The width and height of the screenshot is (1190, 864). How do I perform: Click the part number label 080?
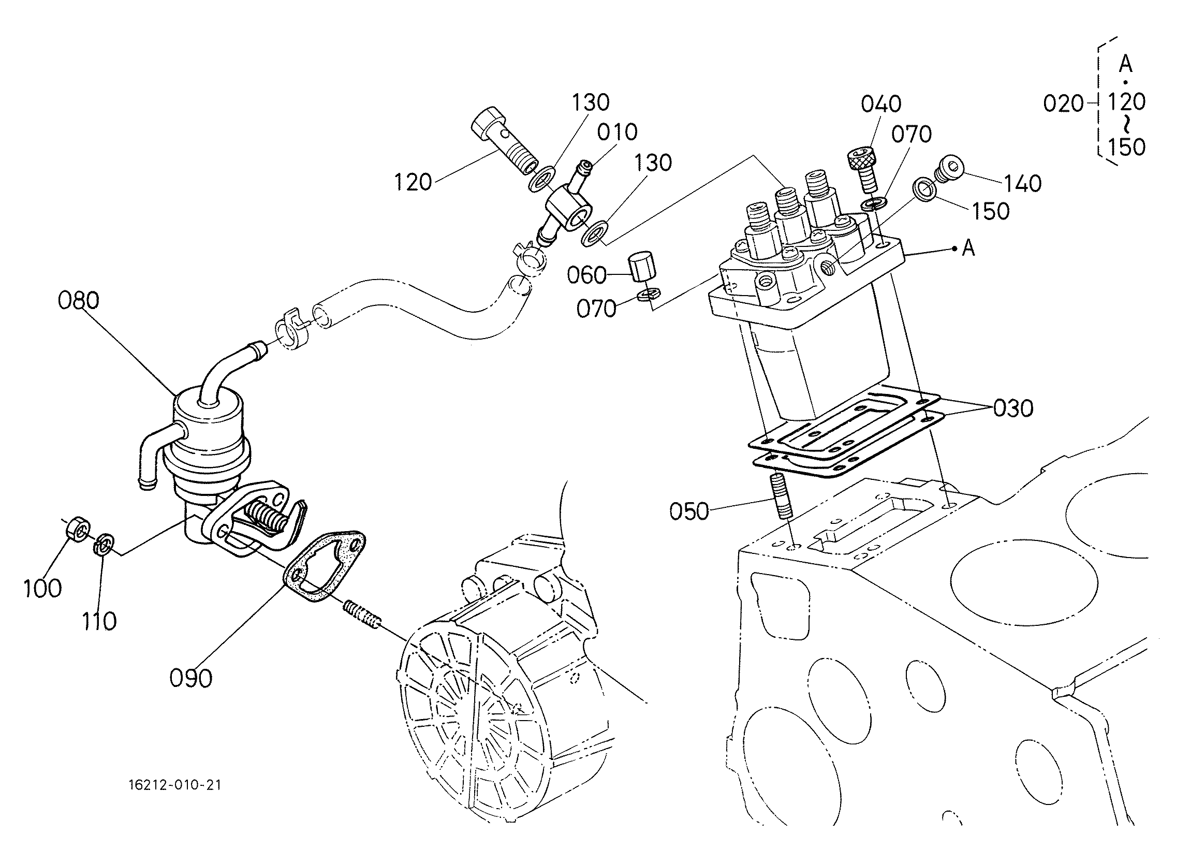click(x=78, y=301)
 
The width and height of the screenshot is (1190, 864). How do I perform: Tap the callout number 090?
click(x=191, y=679)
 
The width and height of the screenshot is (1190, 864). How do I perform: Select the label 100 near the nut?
click(x=42, y=589)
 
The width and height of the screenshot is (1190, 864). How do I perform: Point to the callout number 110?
click(x=99, y=622)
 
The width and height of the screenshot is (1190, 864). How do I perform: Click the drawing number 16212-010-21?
click(x=175, y=785)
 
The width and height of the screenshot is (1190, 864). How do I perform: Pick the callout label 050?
click(x=689, y=511)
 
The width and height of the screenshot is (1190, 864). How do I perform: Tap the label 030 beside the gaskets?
click(x=1013, y=408)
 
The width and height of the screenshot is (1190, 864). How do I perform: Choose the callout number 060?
click(x=586, y=275)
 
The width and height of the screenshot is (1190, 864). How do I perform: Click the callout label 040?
click(x=882, y=105)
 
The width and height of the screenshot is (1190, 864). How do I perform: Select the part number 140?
click(x=1023, y=184)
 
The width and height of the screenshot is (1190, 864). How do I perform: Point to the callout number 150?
click(x=991, y=212)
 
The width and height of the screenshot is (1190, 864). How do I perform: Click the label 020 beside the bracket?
click(x=1063, y=104)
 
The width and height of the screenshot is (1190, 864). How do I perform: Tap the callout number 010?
click(x=618, y=132)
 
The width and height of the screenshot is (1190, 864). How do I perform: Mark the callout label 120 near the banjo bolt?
click(x=413, y=183)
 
